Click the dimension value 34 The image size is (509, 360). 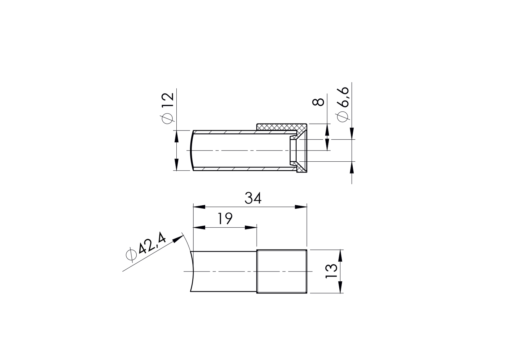[x=253, y=198]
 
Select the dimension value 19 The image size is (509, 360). [x=225, y=219]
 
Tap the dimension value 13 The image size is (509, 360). [x=331, y=271]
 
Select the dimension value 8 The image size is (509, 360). [x=318, y=102]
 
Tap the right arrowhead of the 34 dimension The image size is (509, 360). [x=301, y=207]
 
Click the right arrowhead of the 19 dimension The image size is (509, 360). [x=251, y=227]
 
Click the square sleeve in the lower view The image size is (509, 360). [x=282, y=271]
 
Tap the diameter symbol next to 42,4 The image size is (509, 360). [x=130, y=255]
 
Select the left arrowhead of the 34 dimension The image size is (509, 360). [x=199, y=207]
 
